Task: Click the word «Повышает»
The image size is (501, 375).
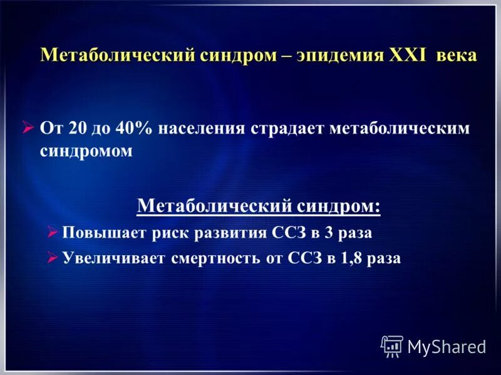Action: (x=103, y=233)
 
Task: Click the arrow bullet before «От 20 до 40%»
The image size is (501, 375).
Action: (x=28, y=128)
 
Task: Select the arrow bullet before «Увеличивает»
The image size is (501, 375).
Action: (x=53, y=258)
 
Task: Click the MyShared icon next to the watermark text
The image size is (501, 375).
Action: (x=392, y=346)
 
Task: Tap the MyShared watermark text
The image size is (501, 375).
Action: (x=447, y=347)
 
